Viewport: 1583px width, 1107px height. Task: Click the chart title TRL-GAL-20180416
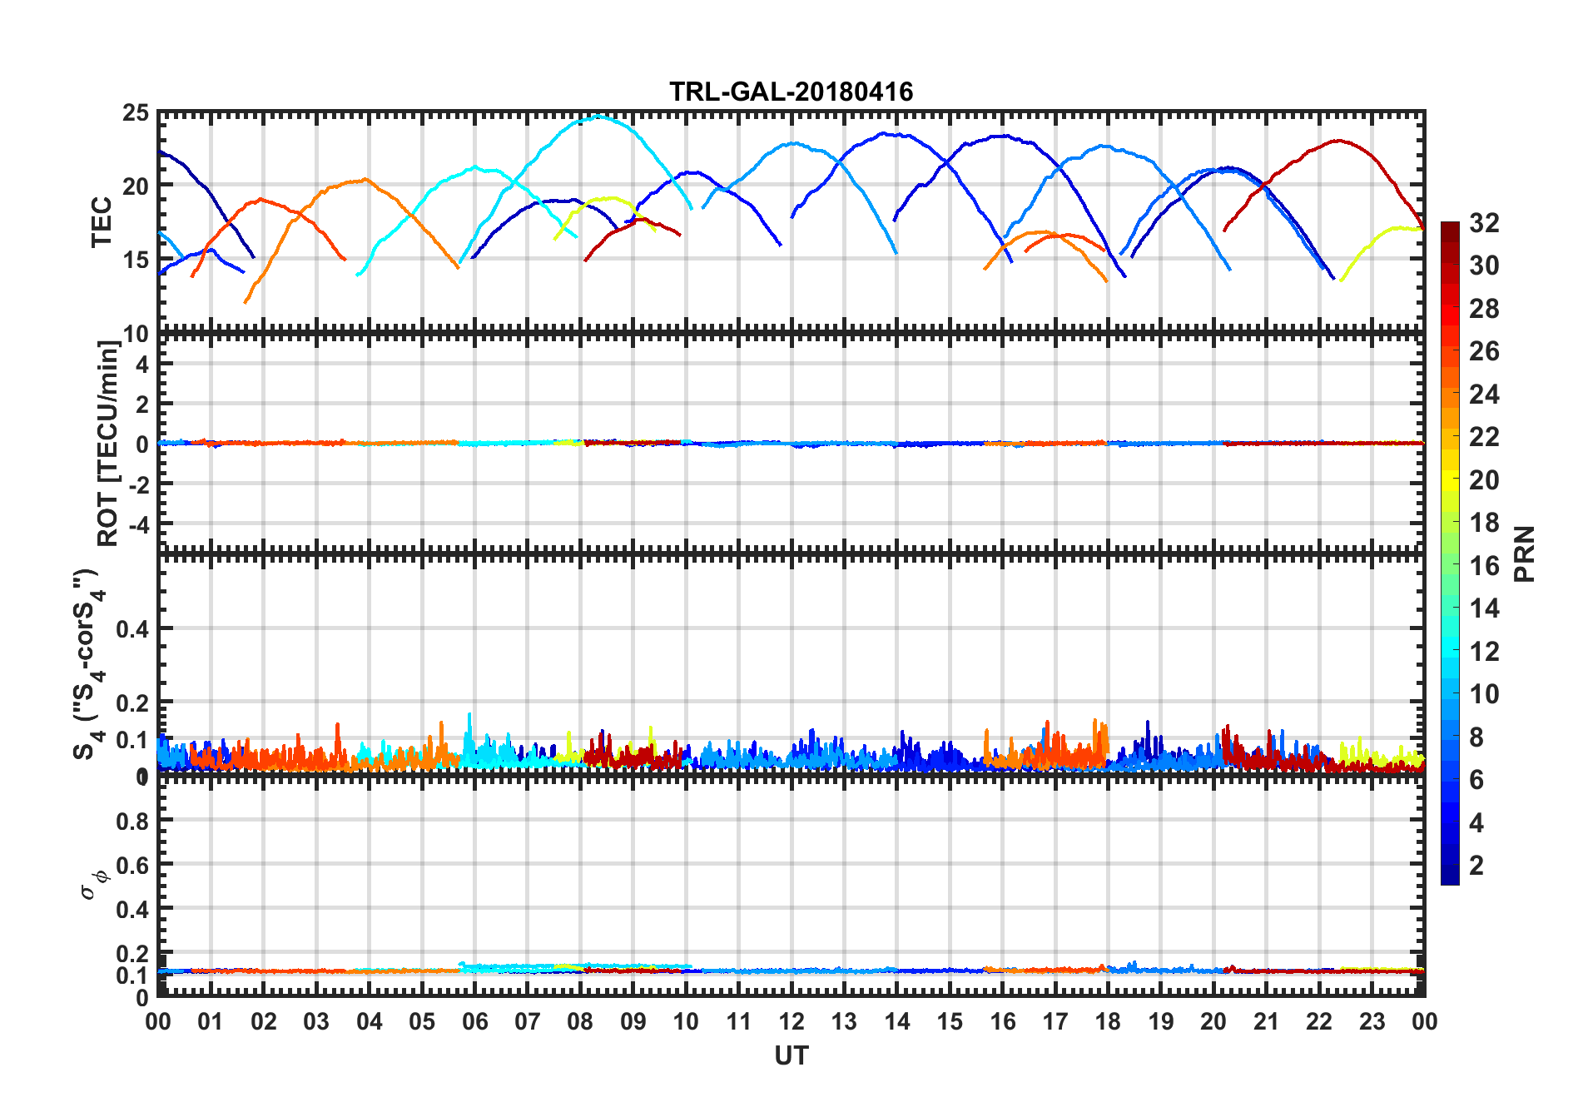pos(791,91)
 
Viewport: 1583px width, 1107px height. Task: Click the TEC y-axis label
pos(102,222)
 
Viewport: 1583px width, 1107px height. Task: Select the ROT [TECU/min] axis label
pos(108,443)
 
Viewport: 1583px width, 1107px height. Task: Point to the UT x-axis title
pos(791,1055)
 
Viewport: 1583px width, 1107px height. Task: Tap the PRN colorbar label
pos(1525,553)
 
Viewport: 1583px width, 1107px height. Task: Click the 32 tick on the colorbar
pos(1484,223)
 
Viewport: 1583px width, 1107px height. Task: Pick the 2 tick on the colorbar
pos(1476,866)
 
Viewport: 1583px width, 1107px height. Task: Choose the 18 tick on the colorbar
pos(1484,523)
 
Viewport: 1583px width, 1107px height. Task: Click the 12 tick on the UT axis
pos(791,1021)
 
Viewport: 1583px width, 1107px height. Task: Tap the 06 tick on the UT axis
pos(474,1021)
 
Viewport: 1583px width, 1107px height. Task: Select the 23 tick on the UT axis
pos(1372,1021)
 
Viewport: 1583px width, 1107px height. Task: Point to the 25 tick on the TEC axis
pos(136,113)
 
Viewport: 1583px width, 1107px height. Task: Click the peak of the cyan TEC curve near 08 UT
pos(598,117)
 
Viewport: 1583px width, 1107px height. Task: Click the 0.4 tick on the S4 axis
pos(133,629)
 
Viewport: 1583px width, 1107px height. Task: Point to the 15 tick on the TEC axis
pos(136,260)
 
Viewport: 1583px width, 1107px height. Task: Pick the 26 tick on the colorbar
pos(1484,351)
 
